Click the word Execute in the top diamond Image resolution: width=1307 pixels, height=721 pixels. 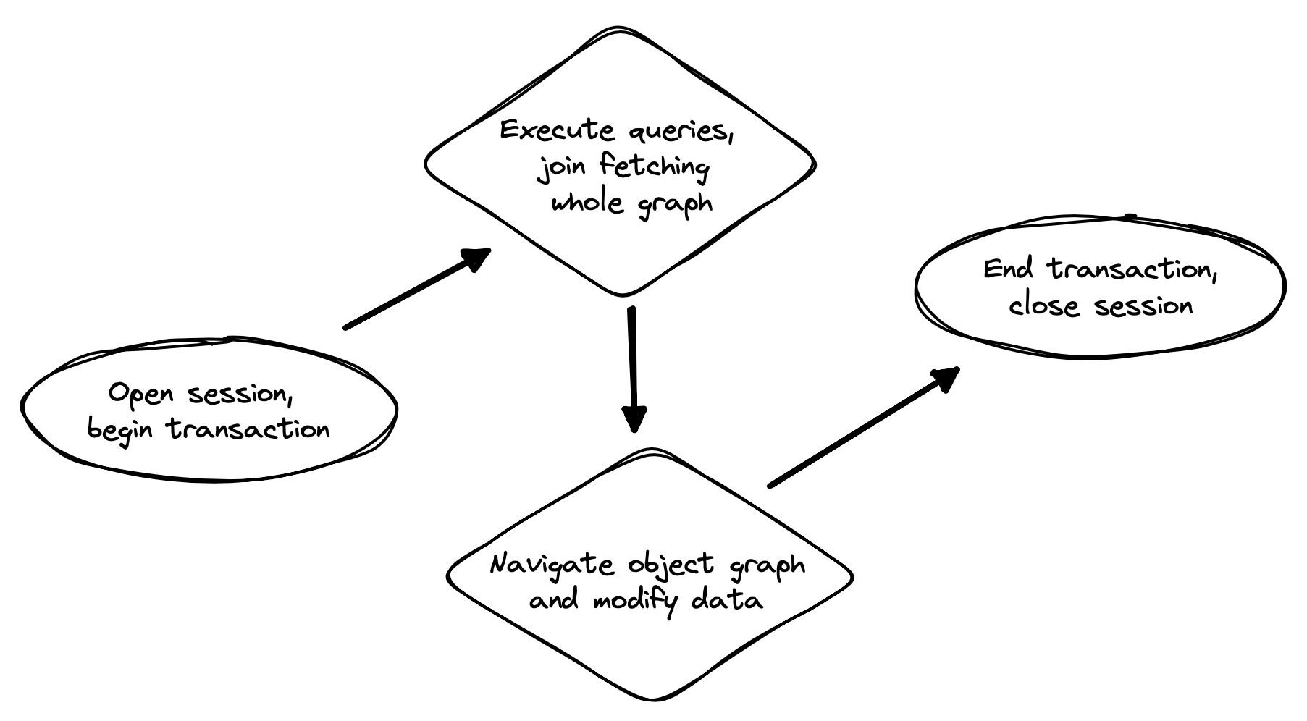point(557,130)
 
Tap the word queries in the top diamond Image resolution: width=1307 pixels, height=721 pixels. point(678,132)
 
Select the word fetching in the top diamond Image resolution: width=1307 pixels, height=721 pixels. point(654,167)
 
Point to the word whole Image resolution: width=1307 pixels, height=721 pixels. point(587,202)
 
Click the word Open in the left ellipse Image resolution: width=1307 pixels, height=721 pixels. point(141,395)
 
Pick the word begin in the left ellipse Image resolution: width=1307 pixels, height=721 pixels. point(120,430)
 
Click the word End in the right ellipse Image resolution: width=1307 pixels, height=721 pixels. point(1007,269)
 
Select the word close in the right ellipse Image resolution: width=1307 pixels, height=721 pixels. point(1043,305)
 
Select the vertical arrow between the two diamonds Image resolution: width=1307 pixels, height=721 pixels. point(633,362)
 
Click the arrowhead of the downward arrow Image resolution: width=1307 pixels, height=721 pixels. point(634,418)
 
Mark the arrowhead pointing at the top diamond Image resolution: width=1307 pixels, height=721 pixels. point(476,258)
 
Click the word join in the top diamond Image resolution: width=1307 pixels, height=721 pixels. point(557,169)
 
